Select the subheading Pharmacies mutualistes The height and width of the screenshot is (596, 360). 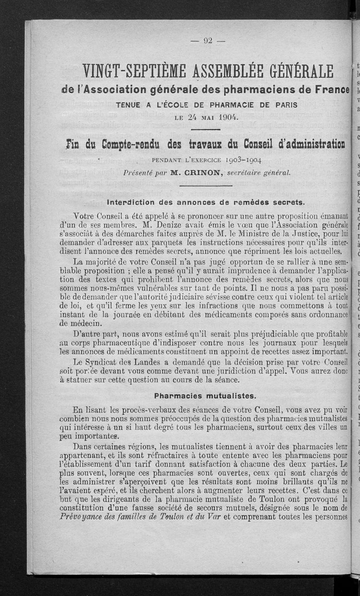(204, 396)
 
